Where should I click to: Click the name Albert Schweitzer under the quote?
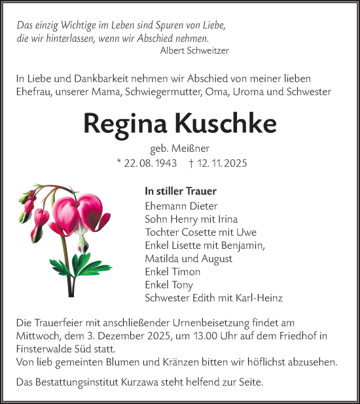(194, 50)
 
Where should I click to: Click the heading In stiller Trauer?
(181, 191)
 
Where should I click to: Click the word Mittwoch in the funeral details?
(38, 335)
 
